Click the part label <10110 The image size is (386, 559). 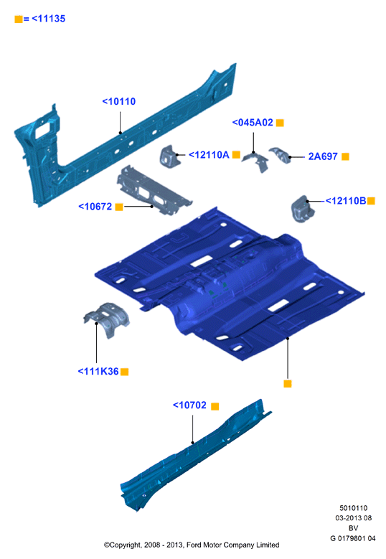click(x=119, y=102)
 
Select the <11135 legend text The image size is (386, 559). click(x=49, y=19)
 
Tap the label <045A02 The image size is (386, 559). click(x=253, y=123)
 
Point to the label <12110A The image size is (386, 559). click(x=209, y=155)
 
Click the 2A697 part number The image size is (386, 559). click(x=323, y=156)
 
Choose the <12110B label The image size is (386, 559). click(x=346, y=201)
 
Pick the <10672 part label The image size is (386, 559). click(x=95, y=207)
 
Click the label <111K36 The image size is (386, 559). click(x=98, y=372)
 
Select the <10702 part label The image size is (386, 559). click(x=189, y=405)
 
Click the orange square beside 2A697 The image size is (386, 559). click(x=345, y=157)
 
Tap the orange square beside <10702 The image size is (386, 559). click(x=215, y=406)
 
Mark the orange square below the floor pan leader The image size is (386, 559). click(x=288, y=384)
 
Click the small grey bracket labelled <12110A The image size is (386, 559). click(x=169, y=156)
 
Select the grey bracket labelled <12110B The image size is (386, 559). click(x=303, y=209)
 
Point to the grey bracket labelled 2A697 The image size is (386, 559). click(x=280, y=155)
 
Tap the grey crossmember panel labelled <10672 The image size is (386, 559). click(x=154, y=190)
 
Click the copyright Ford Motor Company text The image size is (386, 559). click(x=192, y=545)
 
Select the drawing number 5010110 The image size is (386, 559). click(x=353, y=508)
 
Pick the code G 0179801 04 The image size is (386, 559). click(x=353, y=538)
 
